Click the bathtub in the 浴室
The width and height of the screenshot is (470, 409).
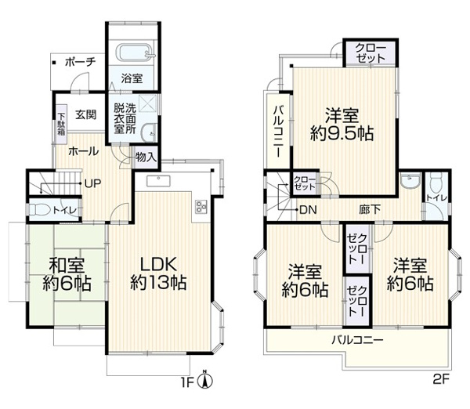coord(135,53)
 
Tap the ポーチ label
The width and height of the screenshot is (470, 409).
coord(81,63)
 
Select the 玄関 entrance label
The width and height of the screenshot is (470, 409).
coord(86,114)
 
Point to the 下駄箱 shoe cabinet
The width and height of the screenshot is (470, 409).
coord(61,124)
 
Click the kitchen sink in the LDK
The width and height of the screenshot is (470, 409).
coord(158,181)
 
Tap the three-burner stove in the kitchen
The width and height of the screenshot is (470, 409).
coord(201,207)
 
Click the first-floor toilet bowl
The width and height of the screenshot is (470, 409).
coord(39,210)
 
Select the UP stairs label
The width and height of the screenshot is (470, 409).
coord(92,183)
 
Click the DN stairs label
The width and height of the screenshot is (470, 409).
coord(308,210)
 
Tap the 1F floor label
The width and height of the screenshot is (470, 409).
coord(186,382)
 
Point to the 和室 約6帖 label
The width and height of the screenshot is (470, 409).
coord(67,274)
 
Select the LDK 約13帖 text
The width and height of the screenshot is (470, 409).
coord(158,273)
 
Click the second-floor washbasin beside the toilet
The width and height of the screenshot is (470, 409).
coord(410,181)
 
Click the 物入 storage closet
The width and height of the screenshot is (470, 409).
coord(146,157)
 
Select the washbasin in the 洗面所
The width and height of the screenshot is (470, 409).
coord(148,133)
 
